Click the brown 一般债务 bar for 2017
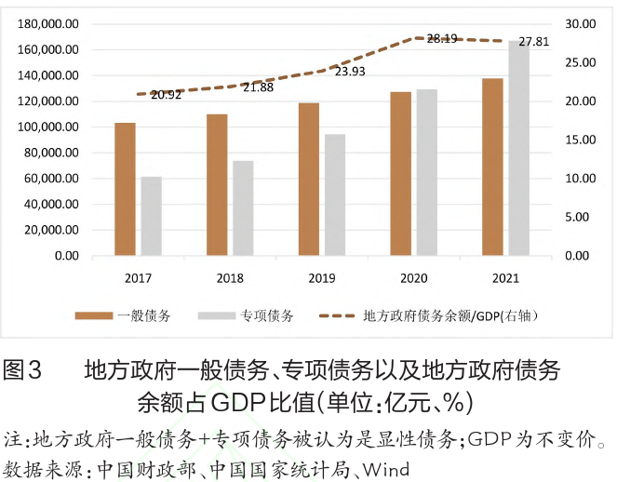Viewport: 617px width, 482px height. coord(125,189)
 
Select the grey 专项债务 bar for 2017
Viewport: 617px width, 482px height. coord(151,216)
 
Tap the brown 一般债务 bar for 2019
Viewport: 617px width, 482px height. coord(308,179)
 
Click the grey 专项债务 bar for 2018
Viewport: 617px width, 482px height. coord(243,208)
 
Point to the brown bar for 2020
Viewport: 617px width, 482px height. coord(401,173)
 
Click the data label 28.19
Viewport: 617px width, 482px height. coord(441,39)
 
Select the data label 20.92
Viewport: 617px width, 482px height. coord(167,94)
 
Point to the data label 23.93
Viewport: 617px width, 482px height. coord(350,72)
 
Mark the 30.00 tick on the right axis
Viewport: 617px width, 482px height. coord(581,23)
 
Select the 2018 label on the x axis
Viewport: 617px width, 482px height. coord(230,278)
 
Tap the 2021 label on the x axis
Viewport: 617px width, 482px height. coord(505,278)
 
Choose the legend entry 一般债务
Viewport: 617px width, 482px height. coord(144,316)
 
